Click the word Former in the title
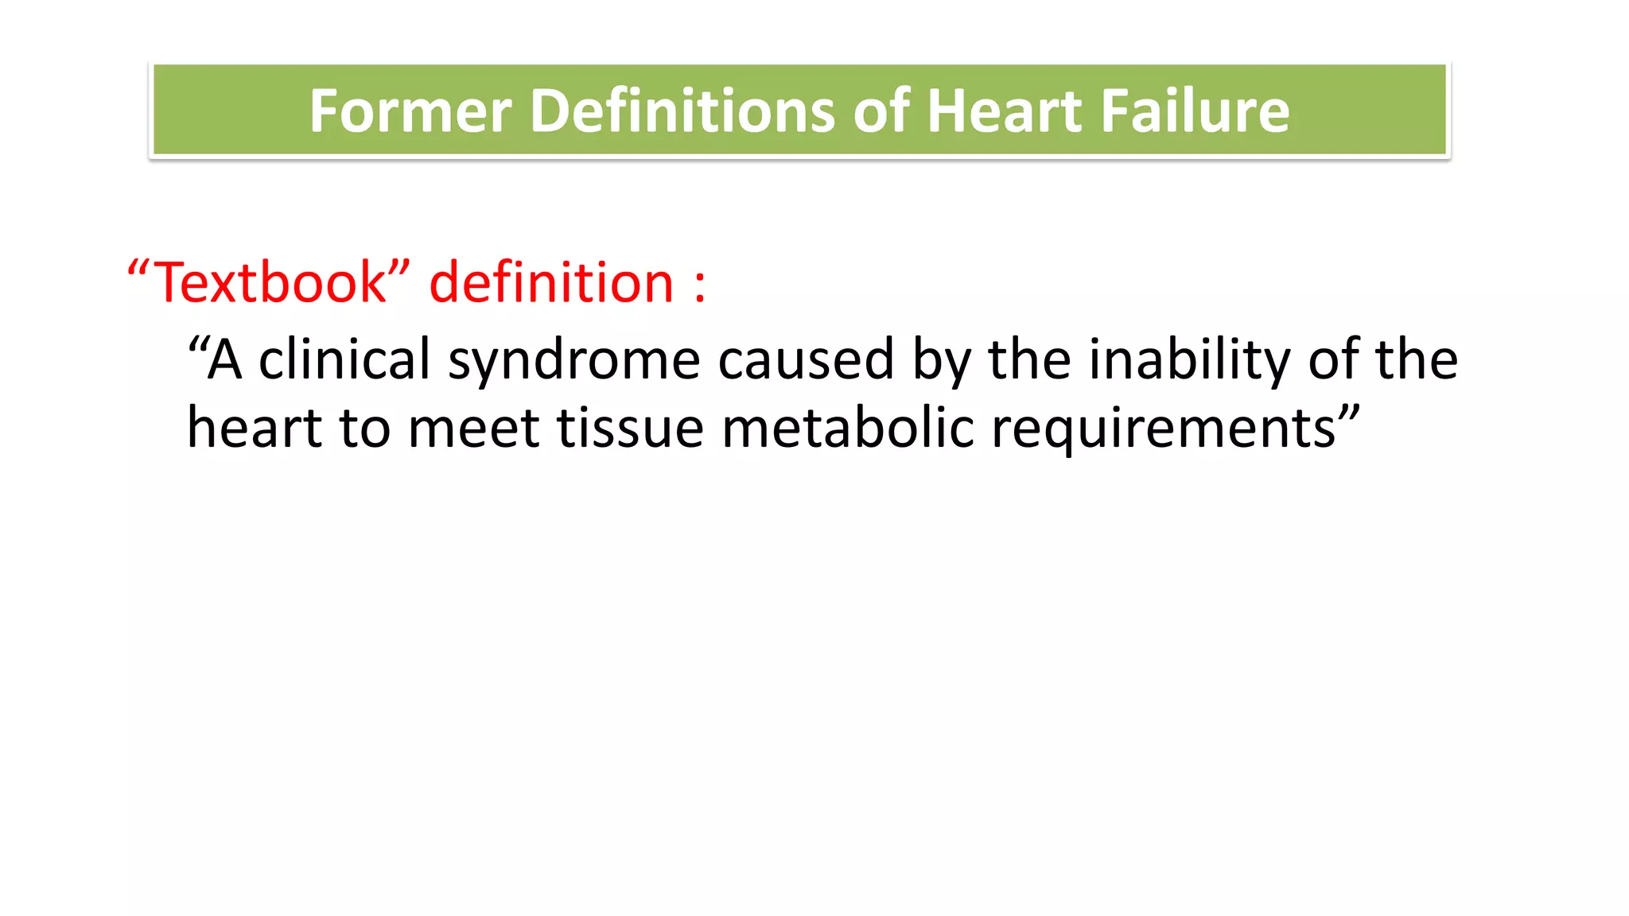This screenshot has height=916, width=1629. click(x=410, y=111)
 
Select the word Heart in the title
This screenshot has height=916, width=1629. click(x=1005, y=111)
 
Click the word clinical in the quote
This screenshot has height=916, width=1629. click(x=344, y=359)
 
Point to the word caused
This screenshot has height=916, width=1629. click(x=806, y=359)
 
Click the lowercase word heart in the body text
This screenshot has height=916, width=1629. click(x=254, y=428)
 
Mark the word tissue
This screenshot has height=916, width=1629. click(x=630, y=428)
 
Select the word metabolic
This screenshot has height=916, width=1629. click(x=847, y=428)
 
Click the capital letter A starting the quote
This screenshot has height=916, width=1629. click(x=224, y=359)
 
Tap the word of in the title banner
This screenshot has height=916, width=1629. click(x=881, y=111)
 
